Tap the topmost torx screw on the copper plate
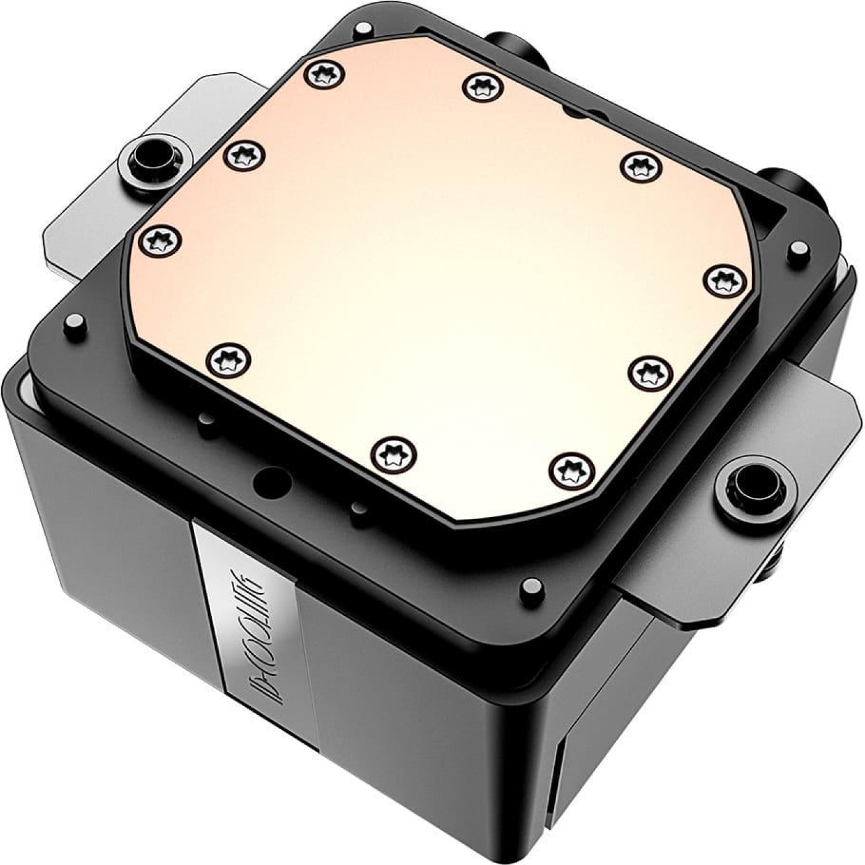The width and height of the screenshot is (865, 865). coord(324,75)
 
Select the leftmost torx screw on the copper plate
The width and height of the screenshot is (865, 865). coord(161,240)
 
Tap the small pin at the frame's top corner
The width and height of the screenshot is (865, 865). coord(364,28)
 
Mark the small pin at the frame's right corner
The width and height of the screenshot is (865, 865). coord(799,250)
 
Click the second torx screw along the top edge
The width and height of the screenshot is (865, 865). coord(484,86)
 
